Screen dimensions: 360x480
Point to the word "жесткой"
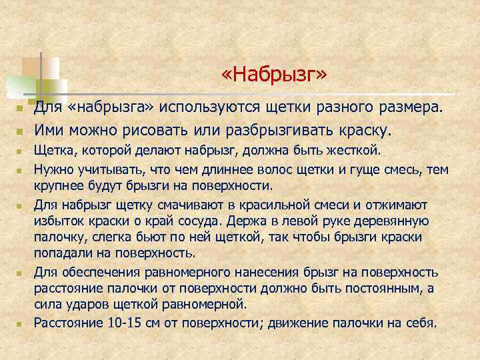click(x=356, y=150)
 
